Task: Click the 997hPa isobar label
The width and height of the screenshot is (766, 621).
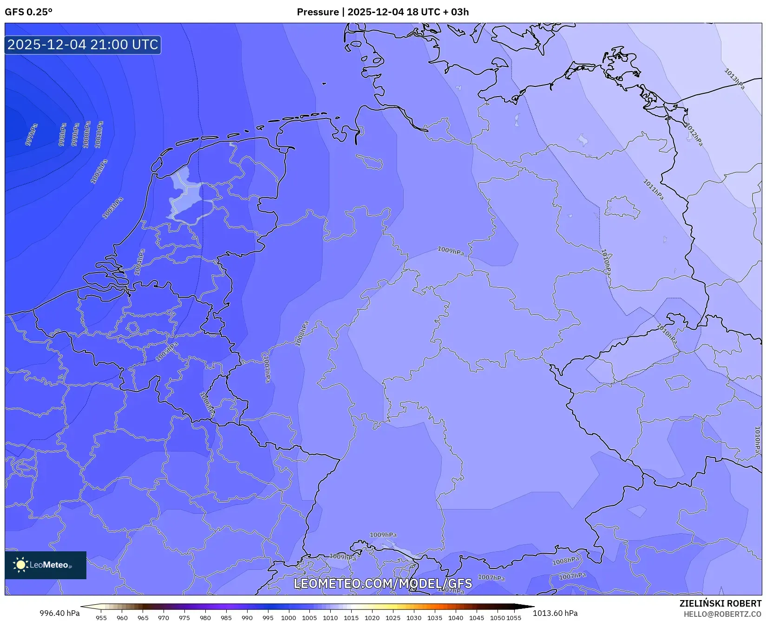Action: [x=32, y=134]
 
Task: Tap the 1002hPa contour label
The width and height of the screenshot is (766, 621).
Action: [x=99, y=171]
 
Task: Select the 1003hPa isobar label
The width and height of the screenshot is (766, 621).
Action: [x=113, y=208]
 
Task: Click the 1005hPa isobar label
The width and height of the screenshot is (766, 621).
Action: [x=167, y=352]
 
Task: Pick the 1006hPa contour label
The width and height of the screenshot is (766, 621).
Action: [x=208, y=404]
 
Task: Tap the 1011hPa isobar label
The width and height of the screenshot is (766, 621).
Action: [x=653, y=190]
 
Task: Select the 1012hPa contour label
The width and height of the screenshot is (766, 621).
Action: [x=694, y=135]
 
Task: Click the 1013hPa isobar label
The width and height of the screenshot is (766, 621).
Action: [x=734, y=78]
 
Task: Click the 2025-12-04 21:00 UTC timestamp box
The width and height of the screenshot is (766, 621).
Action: [x=83, y=45]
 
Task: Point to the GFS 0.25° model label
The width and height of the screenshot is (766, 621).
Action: [x=28, y=12]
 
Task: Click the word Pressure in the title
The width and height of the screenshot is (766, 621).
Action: [x=318, y=12]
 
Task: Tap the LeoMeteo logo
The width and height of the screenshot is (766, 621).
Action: [x=46, y=565]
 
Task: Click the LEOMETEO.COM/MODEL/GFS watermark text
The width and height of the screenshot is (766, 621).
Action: [x=383, y=583]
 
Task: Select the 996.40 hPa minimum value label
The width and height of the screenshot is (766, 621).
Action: [x=59, y=613]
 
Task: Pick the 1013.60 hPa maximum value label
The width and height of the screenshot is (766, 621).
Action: [x=555, y=613]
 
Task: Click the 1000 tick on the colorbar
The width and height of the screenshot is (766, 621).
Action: [x=288, y=618]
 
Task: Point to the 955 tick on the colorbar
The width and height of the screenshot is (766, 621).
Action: [x=101, y=618]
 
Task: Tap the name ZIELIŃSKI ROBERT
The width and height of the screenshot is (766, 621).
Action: [x=720, y=603]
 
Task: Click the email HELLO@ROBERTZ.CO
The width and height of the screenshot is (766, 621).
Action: [x=722, y=614]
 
